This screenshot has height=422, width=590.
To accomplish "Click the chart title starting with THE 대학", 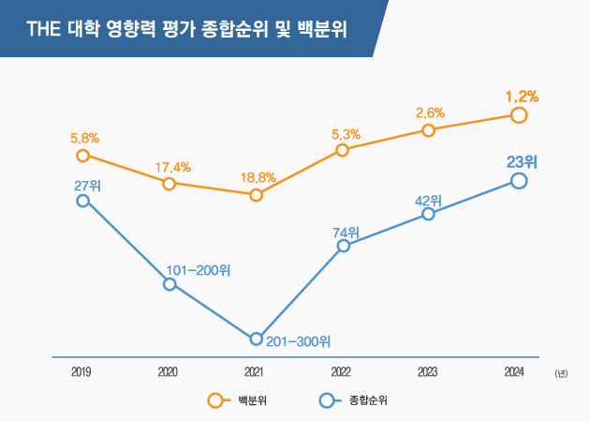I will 187,29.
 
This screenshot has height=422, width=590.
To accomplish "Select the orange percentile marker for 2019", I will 82,156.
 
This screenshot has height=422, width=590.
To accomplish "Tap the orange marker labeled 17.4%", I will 169,184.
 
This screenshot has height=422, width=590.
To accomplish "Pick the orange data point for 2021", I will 256,194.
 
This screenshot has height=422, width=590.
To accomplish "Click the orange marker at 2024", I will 519,114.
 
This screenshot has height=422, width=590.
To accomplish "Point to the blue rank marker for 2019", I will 82,201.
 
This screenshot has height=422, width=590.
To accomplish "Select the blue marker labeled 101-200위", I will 170,284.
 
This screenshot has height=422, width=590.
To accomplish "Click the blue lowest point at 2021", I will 256,339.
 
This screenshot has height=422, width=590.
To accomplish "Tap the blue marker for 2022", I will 343,246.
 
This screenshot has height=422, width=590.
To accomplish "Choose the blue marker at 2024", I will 519,180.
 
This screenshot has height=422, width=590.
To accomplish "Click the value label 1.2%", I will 522,96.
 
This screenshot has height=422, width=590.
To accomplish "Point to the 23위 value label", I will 522,160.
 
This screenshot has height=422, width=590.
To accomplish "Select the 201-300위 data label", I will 299,341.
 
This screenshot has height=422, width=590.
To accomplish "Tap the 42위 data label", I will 428,199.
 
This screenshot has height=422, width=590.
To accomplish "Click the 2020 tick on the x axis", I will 169,372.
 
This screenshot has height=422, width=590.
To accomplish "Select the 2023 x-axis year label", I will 428,372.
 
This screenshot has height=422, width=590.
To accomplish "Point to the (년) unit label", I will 560,373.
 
